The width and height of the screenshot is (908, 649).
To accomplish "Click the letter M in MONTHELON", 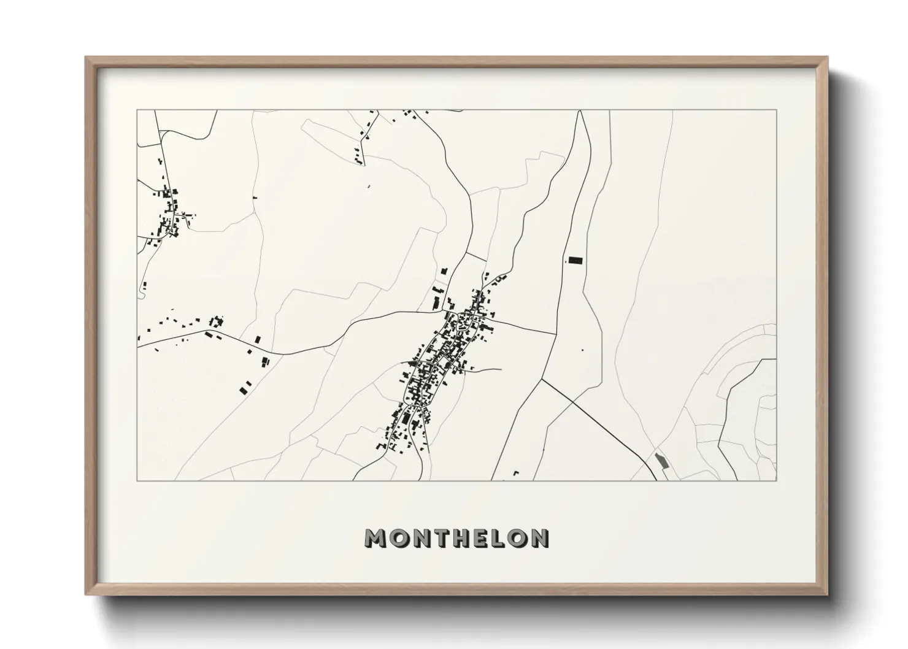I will [376, 538].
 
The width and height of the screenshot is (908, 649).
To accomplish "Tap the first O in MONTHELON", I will [398, 538].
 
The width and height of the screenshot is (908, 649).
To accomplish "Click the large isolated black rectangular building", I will [575, 261].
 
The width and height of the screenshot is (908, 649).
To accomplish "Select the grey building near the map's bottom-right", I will [661, 460].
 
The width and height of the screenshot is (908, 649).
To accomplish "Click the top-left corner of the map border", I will [137, 110].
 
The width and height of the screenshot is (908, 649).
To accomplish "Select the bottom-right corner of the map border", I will [776, 480].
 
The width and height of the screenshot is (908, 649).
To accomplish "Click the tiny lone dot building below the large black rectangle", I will [582, 350].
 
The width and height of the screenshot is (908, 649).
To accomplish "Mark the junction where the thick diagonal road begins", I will [542, 379].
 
